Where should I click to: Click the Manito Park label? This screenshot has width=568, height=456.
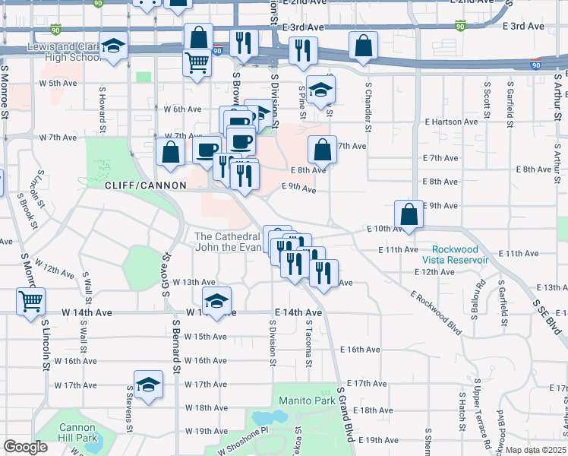tap(307, 401)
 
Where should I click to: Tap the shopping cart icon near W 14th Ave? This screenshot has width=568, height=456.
tap(30, 301)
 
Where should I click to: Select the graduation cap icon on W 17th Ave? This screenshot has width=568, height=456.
tap(149, 384)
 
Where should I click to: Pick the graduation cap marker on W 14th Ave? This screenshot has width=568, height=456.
tap(217, 300)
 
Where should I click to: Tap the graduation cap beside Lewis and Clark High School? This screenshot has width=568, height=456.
tap(113, 49)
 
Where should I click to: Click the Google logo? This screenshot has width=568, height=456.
tap(26, 447)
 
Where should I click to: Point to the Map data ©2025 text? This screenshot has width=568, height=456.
tap(535, 450)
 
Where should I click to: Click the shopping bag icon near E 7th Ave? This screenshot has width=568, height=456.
tap(322, 150)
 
